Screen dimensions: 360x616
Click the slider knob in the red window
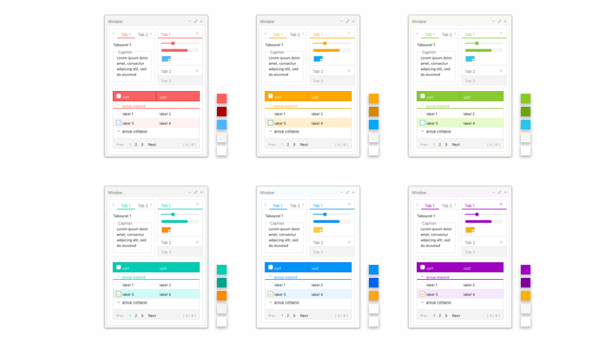click(x=173, y=43)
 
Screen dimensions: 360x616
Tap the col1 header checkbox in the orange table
click(x=270, y=97)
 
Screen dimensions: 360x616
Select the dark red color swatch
click(x=222, y=112)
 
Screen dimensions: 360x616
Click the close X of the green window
click(x=505, y=21)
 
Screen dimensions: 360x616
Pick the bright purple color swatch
click(x=526, y=270)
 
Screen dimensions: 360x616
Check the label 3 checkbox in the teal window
click(x=118, y=294)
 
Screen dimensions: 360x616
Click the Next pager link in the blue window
click(x=304, y=316)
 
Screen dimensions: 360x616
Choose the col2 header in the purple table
click(x=467, y=268)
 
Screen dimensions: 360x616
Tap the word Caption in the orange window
click(x=277, y=52)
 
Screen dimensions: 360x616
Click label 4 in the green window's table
click(x=469, y=123)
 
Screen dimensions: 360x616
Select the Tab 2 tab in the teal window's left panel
click(x=142, y=205)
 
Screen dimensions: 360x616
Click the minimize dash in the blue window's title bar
click(x=342, y=192)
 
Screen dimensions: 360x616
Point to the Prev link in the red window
click(x=120, y=144)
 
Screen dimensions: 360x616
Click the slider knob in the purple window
click(x=477, y=214)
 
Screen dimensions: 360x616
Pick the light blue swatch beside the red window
click(x=222, y=125)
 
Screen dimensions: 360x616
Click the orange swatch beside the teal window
click(x=222, y=296)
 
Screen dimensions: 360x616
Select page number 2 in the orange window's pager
click(x=287, y=144)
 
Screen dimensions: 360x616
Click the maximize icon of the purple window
click(x=500, y=192)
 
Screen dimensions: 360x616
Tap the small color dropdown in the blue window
click(x=318, y=230)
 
